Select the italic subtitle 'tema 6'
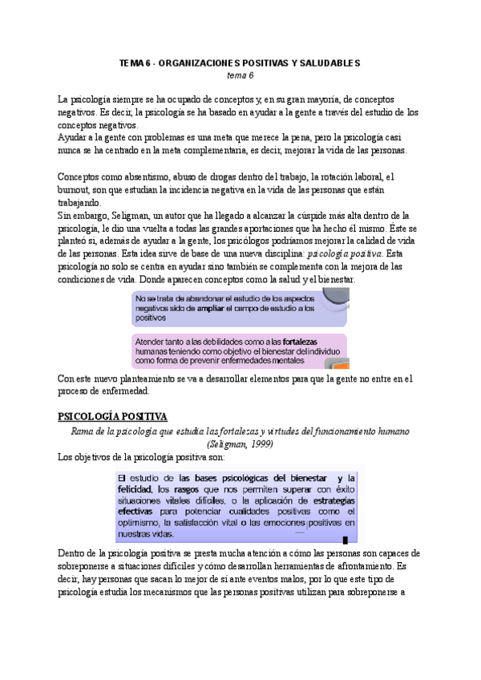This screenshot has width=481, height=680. pyautogui.click(x=240, y=75)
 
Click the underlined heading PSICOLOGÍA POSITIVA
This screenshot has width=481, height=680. pyautogui.click(x=112, y=416)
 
